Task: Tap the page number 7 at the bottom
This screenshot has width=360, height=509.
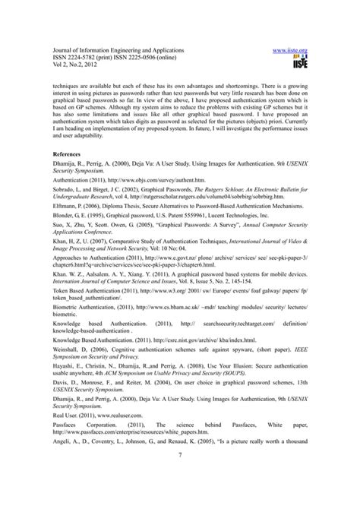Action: [x=180, y=476]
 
